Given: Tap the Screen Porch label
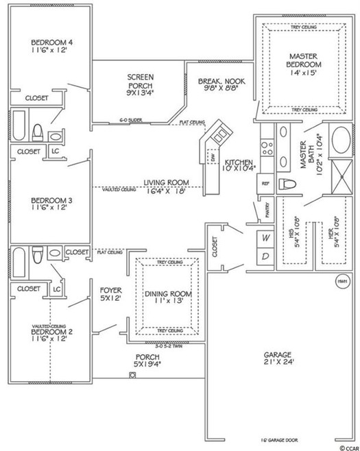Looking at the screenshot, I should (x=140, y=77).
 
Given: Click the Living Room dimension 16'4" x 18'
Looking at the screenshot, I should (x=165, y=193).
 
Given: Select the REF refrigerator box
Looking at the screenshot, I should (x=264, y=184).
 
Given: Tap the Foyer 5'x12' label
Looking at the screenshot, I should (x=110, y=294).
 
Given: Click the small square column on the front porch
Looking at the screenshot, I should (x=132, y=375).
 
